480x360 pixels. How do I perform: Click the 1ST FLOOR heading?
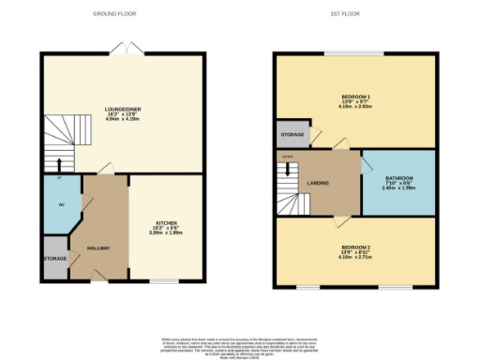point(355,14)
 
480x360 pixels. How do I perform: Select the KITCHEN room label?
point(166,224)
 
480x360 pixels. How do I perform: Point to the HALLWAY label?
point(98,248)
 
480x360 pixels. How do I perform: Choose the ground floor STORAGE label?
point(54,258)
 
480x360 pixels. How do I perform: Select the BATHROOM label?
point(398,179)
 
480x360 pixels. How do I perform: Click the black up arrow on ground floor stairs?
point(59,165)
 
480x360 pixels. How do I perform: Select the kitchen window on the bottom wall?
point(165,280)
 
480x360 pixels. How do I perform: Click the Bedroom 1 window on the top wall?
point(355,53)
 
